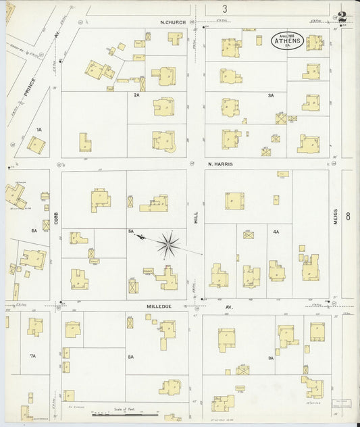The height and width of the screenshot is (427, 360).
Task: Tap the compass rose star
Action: (x=168, y=243)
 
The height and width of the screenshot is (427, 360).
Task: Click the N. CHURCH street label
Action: (x=173, y=22)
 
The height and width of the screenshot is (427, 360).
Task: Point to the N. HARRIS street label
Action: (x=220, y=164)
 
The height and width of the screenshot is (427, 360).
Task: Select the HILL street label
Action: (x=197, y=216)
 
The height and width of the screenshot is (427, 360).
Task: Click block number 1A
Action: (x=39, y=129)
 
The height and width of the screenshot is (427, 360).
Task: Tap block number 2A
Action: (x=136, y=95)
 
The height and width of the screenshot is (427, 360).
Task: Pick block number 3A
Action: (x=271, y=95)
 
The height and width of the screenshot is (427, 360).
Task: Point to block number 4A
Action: (x=276, y=232)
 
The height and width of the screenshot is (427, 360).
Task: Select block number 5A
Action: (x=131, y=231)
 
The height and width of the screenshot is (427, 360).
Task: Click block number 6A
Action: (x=34, y=231)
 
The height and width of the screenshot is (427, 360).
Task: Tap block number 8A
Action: (x=131, y=356)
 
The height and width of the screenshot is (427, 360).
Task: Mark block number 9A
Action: (x=270, y=357)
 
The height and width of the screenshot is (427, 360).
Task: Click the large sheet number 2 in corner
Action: (x=342, y=18)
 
